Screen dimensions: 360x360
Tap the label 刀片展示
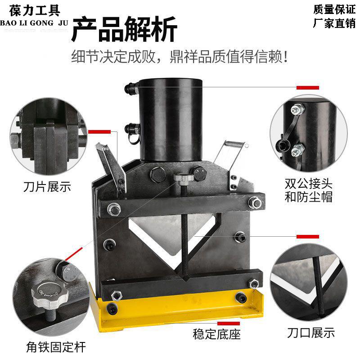(47, 186)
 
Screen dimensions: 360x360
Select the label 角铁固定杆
(56, 346)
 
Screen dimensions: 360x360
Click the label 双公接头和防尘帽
(308, 190)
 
